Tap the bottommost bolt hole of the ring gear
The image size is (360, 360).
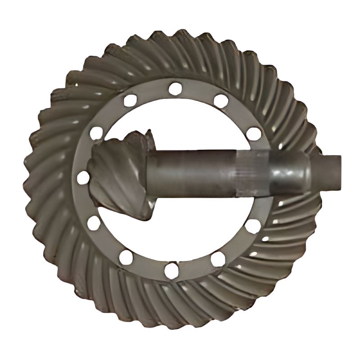(x=171, y=271)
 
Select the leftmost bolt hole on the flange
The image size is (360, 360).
(x=83, y=178)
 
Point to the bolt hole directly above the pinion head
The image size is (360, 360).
(x=96, y=133)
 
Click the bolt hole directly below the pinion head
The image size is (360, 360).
(x=94, y=223)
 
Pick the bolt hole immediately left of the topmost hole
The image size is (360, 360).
(x=130, y=100)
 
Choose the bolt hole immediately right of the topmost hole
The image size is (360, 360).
(x=220, y=101)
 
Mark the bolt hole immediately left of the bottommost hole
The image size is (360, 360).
(x=126, y=258)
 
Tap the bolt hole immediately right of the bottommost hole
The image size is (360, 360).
(x=218, y=259)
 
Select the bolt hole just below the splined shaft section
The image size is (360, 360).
(x=254, y=225)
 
